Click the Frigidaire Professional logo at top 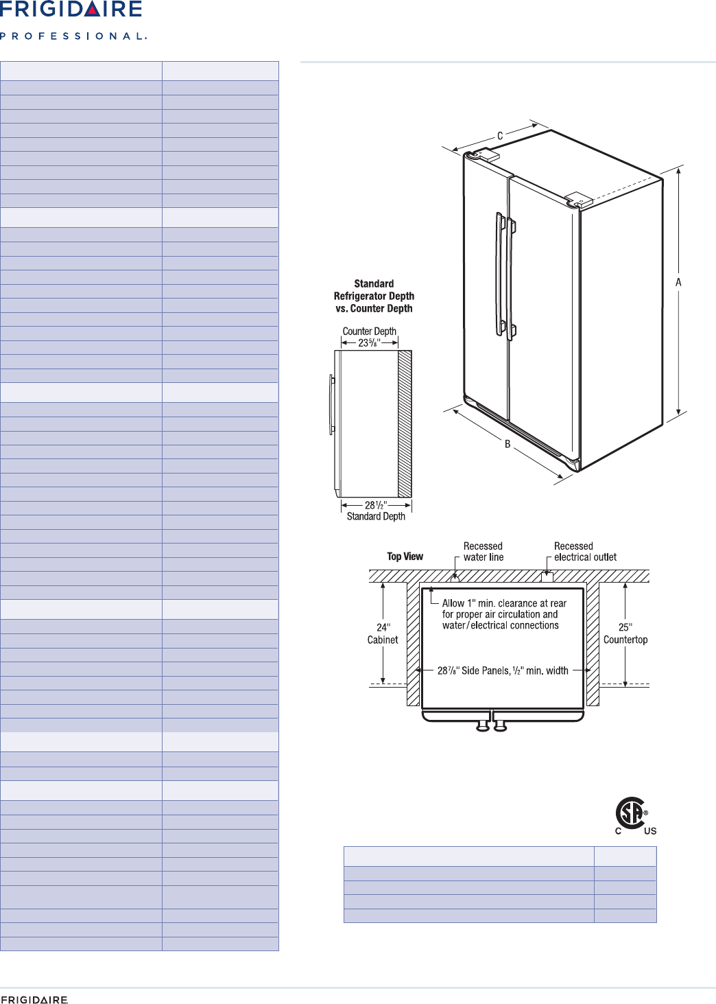coord(72,21)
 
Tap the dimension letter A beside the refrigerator coord(678,282)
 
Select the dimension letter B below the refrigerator coord(508,444)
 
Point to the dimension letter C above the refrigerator coord(500,136)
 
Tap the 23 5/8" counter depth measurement coord(369,342)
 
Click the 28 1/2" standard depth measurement coord(376,505)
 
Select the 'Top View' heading coord(405,557)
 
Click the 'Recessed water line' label coord(484,552)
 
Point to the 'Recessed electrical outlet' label coord(585,552)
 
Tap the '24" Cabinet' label coord(383,633)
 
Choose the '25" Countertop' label coord(625,633)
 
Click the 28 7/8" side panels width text coord(503,670)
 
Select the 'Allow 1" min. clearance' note coord(503,614)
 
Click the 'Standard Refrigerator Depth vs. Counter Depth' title coord(374,296)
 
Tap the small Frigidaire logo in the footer coord(34,1000)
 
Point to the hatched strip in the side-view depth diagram coord(405,423)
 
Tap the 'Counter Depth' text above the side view coord(369,331)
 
